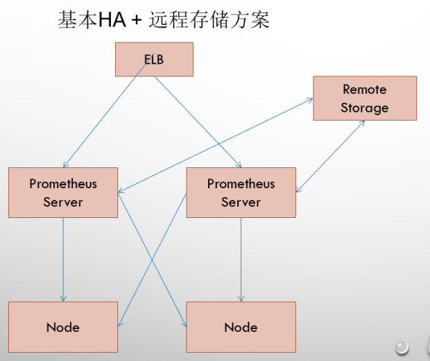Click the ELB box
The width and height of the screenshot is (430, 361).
pos(153,59)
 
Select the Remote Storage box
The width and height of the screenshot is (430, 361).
pos(364,98)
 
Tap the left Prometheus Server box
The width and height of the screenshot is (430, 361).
pos(63,192)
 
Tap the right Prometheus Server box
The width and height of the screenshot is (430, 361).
pos(241,192)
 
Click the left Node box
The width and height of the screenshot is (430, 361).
pos(63,326)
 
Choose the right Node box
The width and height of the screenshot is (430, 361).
pos(241,326)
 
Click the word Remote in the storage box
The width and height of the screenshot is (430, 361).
pos(364,90)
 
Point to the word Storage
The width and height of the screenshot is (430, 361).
pos(364,108)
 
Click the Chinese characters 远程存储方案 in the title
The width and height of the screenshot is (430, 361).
pos(209,20)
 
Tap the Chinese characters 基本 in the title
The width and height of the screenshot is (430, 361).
pos(77,20)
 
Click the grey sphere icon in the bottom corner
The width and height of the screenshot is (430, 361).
pos(402,346)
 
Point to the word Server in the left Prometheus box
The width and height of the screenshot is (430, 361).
pos(63,202)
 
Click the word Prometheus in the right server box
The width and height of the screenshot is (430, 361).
pos(241,184)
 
